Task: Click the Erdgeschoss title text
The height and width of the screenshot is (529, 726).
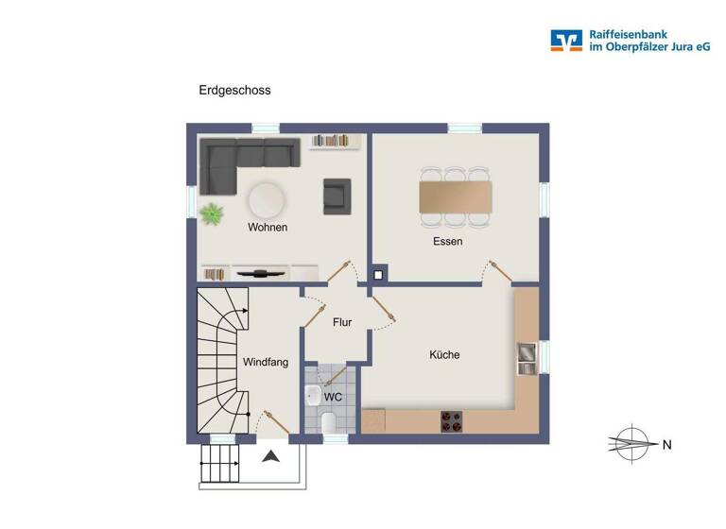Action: pyautogui.click(x=234, y=91)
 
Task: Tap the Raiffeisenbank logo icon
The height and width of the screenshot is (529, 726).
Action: pyautogui.click(x=566, y=40)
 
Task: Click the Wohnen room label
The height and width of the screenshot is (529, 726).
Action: pyautogui.click(x=268, y=228)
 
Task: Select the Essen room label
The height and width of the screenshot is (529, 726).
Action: pyautogui.click(x=448, y=242)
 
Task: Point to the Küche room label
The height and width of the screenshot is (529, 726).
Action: pyautogui.click(x=444, y=355)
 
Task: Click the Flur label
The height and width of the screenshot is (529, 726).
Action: pyautogui.click(x=342, y=322)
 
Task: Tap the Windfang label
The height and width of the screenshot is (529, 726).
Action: pyautogui.click(x=266, y=362)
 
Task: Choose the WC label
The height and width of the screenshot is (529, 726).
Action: pyautogui.click(x=333, y=397)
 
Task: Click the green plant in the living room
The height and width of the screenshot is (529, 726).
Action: pyautogui.click(x=213, y=213)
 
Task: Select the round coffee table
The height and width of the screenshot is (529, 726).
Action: pyautogui.click(x=266, y=199)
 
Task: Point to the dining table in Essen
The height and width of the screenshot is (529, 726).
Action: pyautogui.click(x=456, y=196)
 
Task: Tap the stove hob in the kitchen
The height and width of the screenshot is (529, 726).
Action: pyautogui.click(x=452, y=422)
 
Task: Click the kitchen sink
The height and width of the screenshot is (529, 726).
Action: pyautogui.click(x=526, y=354)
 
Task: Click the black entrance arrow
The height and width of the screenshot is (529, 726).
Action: pyautogui.click(x=271, y=457)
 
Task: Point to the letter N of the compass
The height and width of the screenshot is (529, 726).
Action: pyautogui.click(x=666, y=444)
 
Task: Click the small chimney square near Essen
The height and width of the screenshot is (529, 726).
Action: pyautogui.click(x=378, y=276)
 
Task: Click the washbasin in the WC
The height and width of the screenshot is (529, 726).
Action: pyautogui.click(x=313, y=395)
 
